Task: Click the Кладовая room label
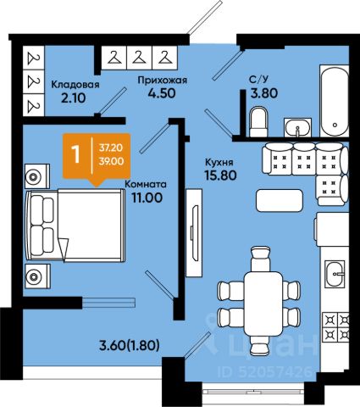(x=75, y=84)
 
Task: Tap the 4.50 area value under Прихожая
(x=162, y=93)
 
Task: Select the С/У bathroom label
(x=259, y=80)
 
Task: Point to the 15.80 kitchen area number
(x=220, y=176)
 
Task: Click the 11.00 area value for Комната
(x=147, y=198)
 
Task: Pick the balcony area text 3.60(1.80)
(x=130, y=345)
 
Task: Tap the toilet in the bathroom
(x=258, y=121)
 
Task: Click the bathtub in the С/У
(x=335, y=101)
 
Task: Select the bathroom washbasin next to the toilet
(x=297, y=128)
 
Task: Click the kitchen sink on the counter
(x=335, y=274)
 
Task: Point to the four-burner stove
(x=336, y=326)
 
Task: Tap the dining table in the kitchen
(x=263, y=304)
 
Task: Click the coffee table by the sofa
(x=280, y=201)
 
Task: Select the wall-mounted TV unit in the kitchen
(x=194, y=233)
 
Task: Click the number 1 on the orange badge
(x=75, y=154)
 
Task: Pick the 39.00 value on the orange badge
(x=111, y=161)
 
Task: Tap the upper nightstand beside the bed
(x=37, y=176)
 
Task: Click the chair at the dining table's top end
(x=261, y=259)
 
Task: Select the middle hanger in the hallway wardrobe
(x=139, y=58)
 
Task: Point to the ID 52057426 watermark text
(x=265, y=371)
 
